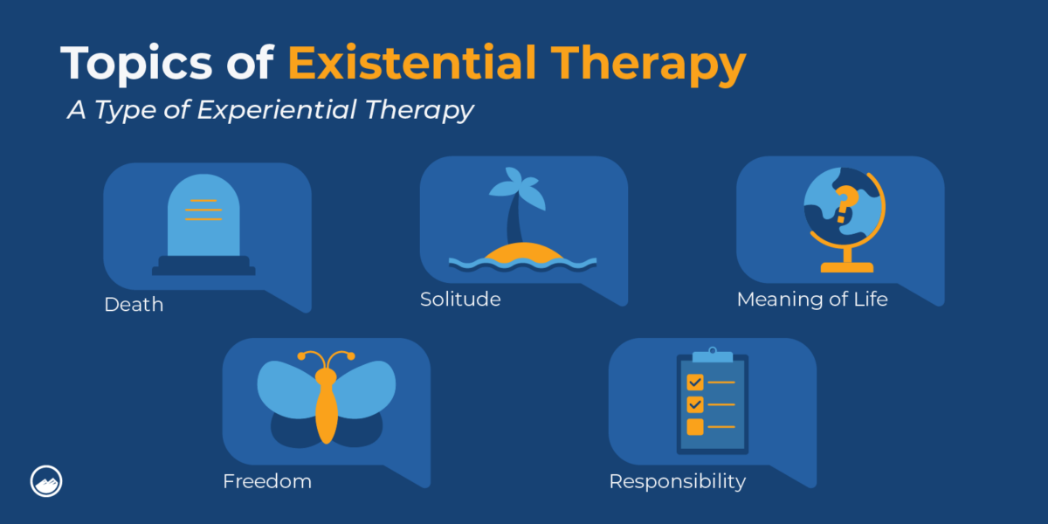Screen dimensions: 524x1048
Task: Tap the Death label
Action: click(x=134, y=305)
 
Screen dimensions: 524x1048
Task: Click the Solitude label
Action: click(x=460, y=299)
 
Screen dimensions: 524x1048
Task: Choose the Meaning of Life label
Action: click(x=812, y=299)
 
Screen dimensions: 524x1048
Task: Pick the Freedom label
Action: click(x=266, y=481)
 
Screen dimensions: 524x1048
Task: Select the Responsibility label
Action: click(x=677, y=481)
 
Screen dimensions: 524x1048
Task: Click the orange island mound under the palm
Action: click(x=522, y=252)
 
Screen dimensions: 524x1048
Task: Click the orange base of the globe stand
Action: click(x=846, y=266)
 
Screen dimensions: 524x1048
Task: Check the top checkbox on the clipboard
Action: click(x=695, y=382)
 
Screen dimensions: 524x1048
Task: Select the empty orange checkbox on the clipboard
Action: click(x=695, y=427)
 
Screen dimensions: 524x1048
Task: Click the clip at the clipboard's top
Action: click(x=713, y=355)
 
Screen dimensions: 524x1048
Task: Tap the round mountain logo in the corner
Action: click(x=45, y=481)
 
